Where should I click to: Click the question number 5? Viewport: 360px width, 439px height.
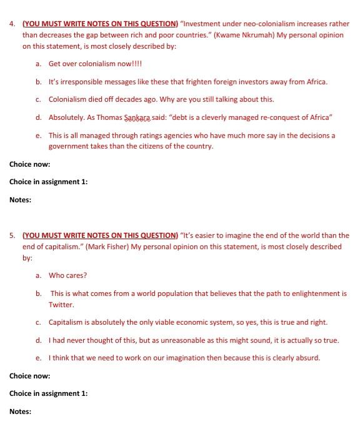pos(12,235)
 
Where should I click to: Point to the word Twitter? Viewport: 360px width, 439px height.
pos(62,305)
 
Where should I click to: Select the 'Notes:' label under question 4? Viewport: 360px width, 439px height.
pos(20,200)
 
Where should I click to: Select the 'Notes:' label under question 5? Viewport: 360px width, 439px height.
pos(20,412)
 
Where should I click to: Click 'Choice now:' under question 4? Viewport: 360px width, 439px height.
pos(29,164)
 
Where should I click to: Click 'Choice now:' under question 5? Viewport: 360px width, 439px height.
pos(29,376)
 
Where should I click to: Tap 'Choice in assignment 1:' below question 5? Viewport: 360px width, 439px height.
pos(48,393)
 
